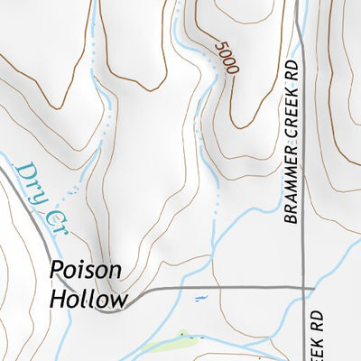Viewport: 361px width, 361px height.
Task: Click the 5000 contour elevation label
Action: coord(223,56)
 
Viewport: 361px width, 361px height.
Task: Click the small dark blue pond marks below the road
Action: coord(199,298)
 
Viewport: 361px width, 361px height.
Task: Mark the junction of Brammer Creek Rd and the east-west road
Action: coord(302,288)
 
